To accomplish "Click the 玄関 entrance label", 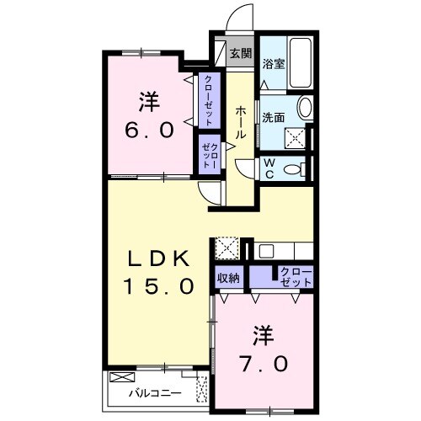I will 240,54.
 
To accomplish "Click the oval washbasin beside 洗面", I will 305,109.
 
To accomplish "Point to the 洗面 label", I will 271,118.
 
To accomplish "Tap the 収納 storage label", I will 228,277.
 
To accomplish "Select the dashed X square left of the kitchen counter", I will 227,248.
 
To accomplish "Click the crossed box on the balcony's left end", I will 121,378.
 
